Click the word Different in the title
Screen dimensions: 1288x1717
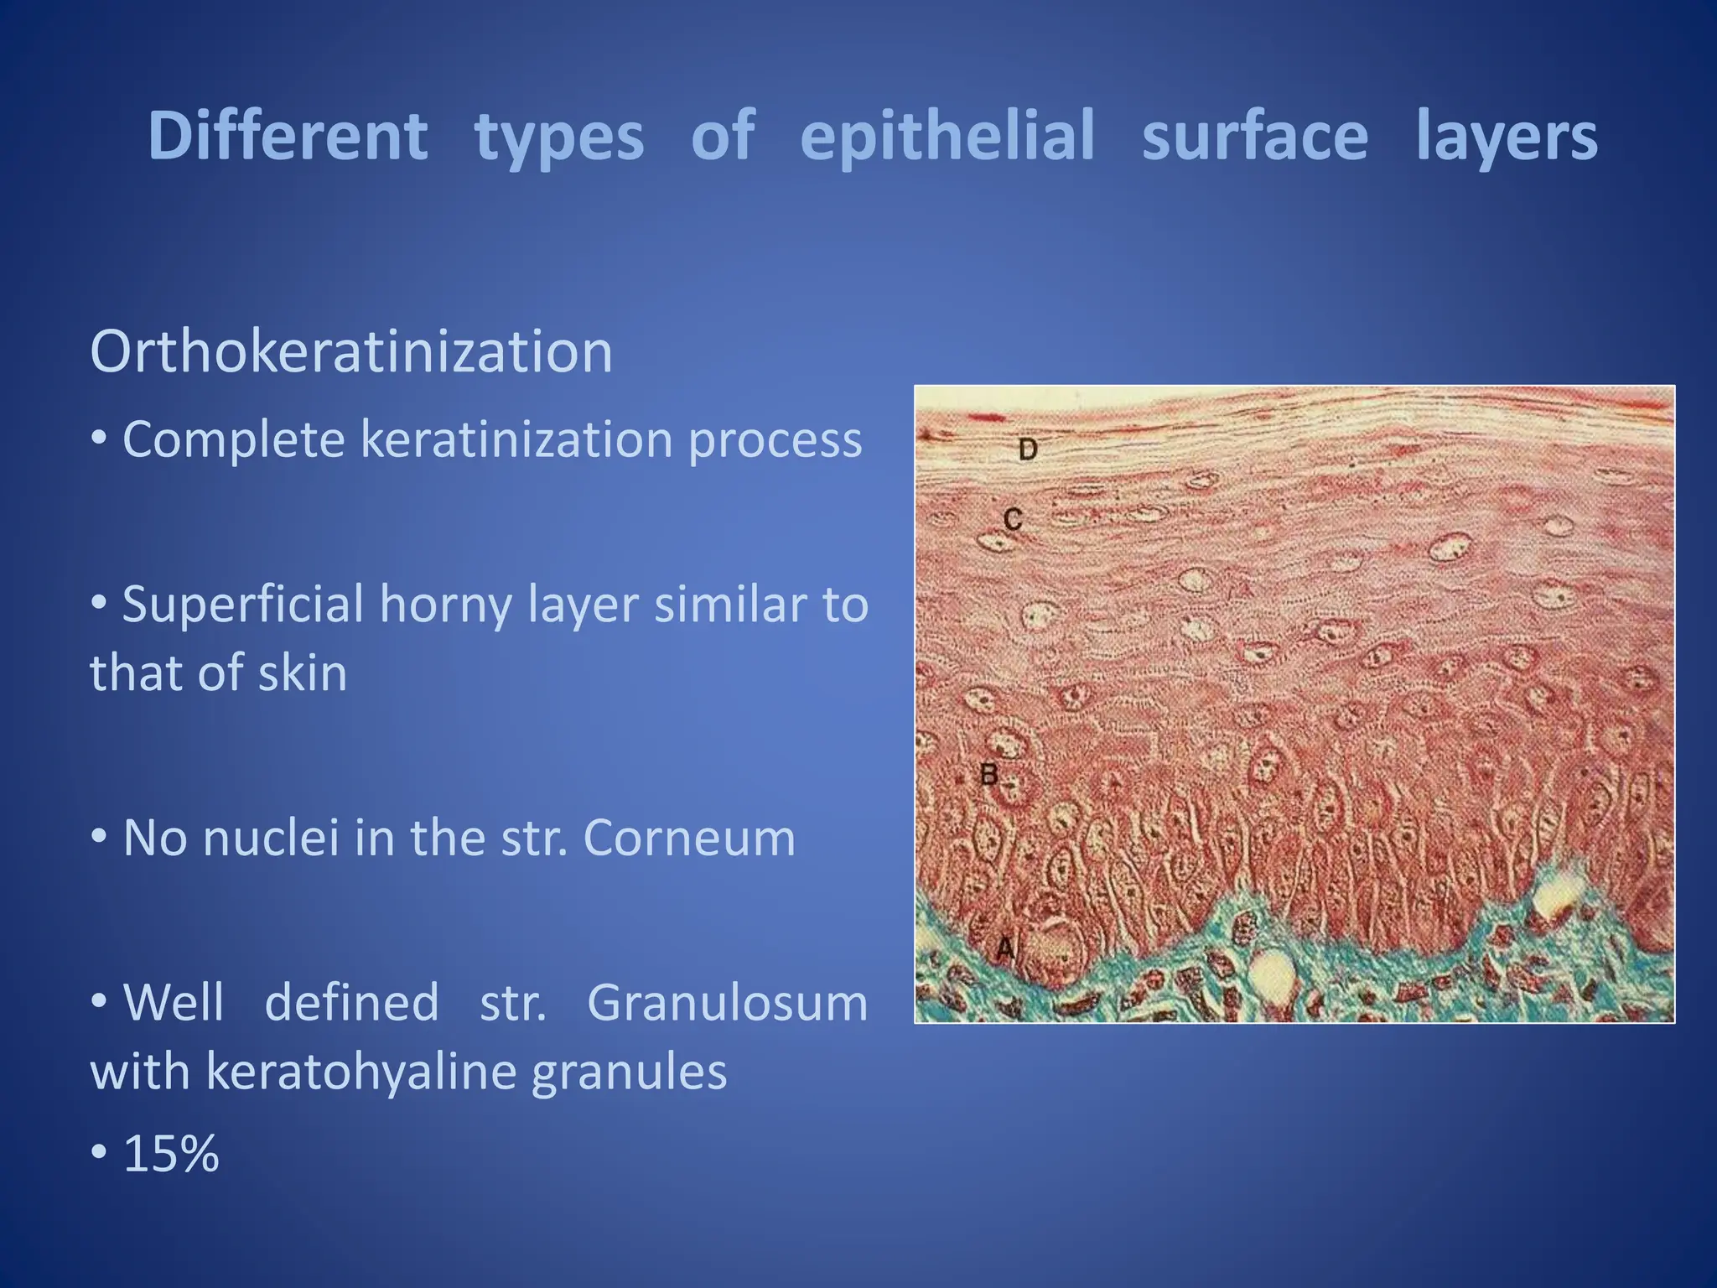pos(288,137)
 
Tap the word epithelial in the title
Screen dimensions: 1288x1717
pos(947,137)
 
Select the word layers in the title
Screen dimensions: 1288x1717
pos(1507,137)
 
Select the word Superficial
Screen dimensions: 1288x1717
pos(242,604)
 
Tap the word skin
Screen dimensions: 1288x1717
pos(302,673)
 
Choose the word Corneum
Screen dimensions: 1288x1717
pos(688,838)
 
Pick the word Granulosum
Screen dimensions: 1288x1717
pos(727,1003)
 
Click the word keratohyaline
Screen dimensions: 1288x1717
pos(361,1072)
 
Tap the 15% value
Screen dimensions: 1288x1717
pos(171,1154)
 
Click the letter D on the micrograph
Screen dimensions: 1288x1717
pos(1029,450)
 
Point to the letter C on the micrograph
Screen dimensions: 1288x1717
pos(1013,520)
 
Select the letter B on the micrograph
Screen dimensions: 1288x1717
pos(989,774)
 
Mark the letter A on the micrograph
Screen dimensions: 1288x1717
pos(1005,948)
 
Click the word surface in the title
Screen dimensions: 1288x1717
pos(1255,137)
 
